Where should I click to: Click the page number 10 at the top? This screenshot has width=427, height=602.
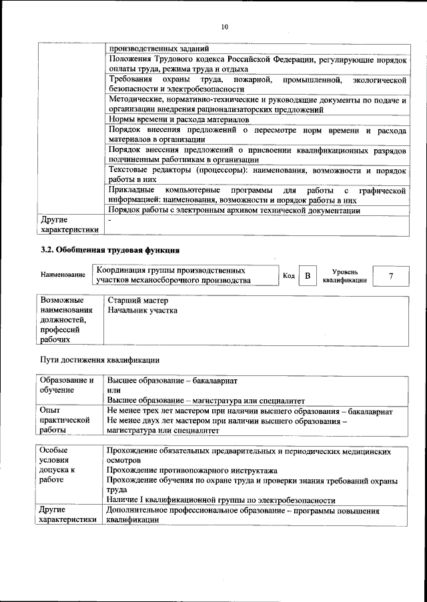[224, 27]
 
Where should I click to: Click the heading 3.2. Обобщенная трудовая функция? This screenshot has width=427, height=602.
[110, 250]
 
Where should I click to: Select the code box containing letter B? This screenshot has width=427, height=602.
[308, 275]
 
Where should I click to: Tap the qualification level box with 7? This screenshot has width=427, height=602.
[390, 275]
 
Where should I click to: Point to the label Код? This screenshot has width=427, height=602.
[289, 275]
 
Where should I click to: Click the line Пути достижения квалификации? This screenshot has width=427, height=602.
[100, 360]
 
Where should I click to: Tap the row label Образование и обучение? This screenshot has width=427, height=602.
[67, 385]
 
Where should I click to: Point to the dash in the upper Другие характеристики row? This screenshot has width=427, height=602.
[109, 219]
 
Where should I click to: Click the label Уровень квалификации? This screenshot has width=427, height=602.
[345, 276]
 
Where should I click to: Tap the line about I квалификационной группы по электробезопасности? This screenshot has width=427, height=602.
[220, 501]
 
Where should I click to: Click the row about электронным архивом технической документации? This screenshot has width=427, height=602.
[234, 211]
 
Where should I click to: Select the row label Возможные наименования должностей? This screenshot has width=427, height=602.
[66, 319]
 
